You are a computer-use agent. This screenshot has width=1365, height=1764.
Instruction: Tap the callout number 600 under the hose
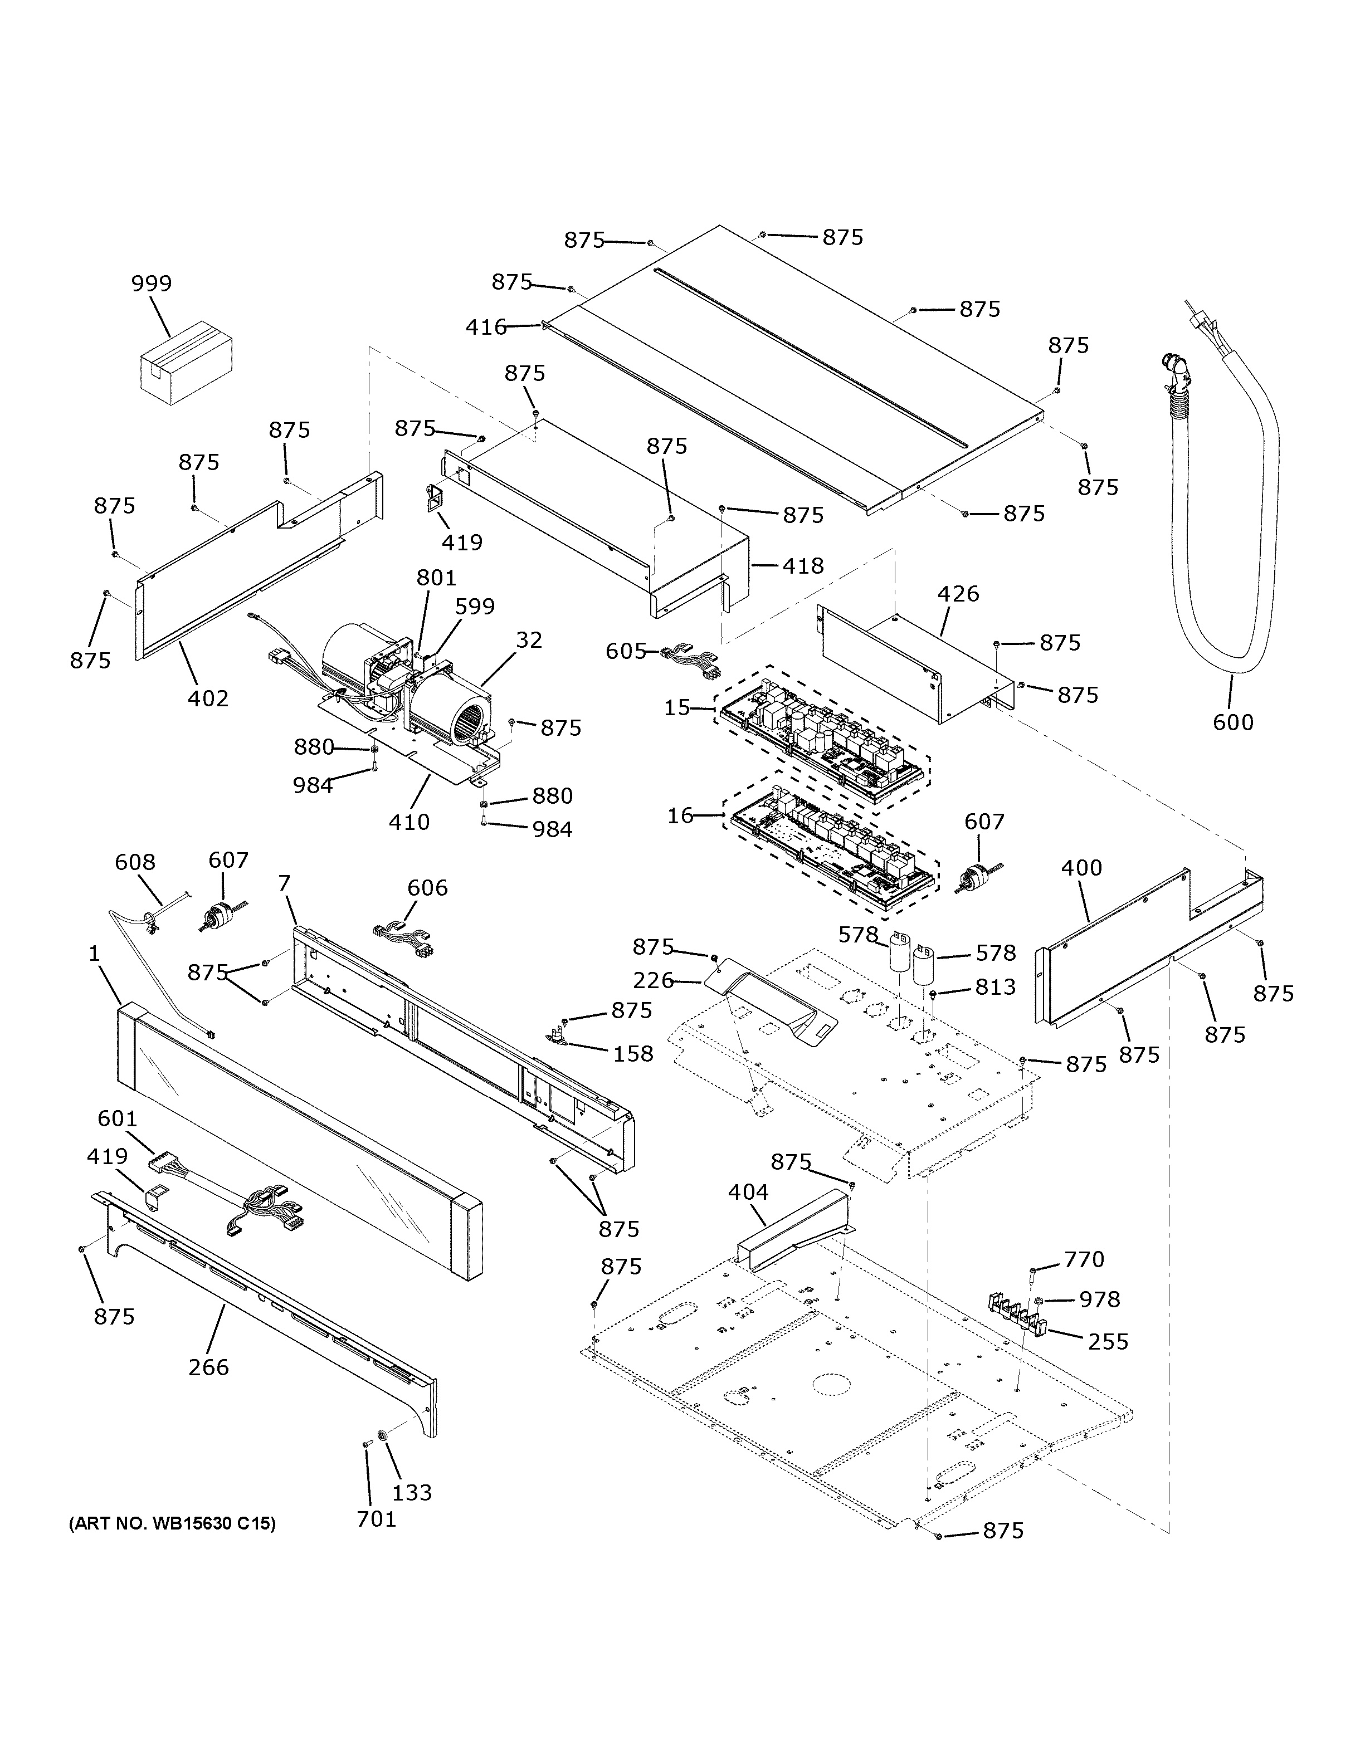pyautogui.click(x=1232, y=721)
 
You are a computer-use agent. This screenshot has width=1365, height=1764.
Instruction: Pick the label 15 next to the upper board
pyautogui.click(x=677, y=707)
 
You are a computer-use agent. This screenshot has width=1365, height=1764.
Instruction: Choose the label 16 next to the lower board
pyautogui.click(x=680, y=816)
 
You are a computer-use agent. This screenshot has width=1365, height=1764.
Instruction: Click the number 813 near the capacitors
pyautogui.click(x=994, y=987)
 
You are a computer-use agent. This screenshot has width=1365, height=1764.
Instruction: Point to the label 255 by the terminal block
pyautogui.click(x=1108, y=1342)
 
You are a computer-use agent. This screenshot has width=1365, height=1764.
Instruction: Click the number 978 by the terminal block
pyautogui.click(x=1099, y=1299)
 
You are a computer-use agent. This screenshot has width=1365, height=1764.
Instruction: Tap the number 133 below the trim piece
pyautogui.click(x=412, y=1492)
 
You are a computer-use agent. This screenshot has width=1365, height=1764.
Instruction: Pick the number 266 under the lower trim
pyautogui.click(x=208, y=1367)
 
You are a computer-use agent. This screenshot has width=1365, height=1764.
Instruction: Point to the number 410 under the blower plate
pyautogui.click(x=409, y=822)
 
